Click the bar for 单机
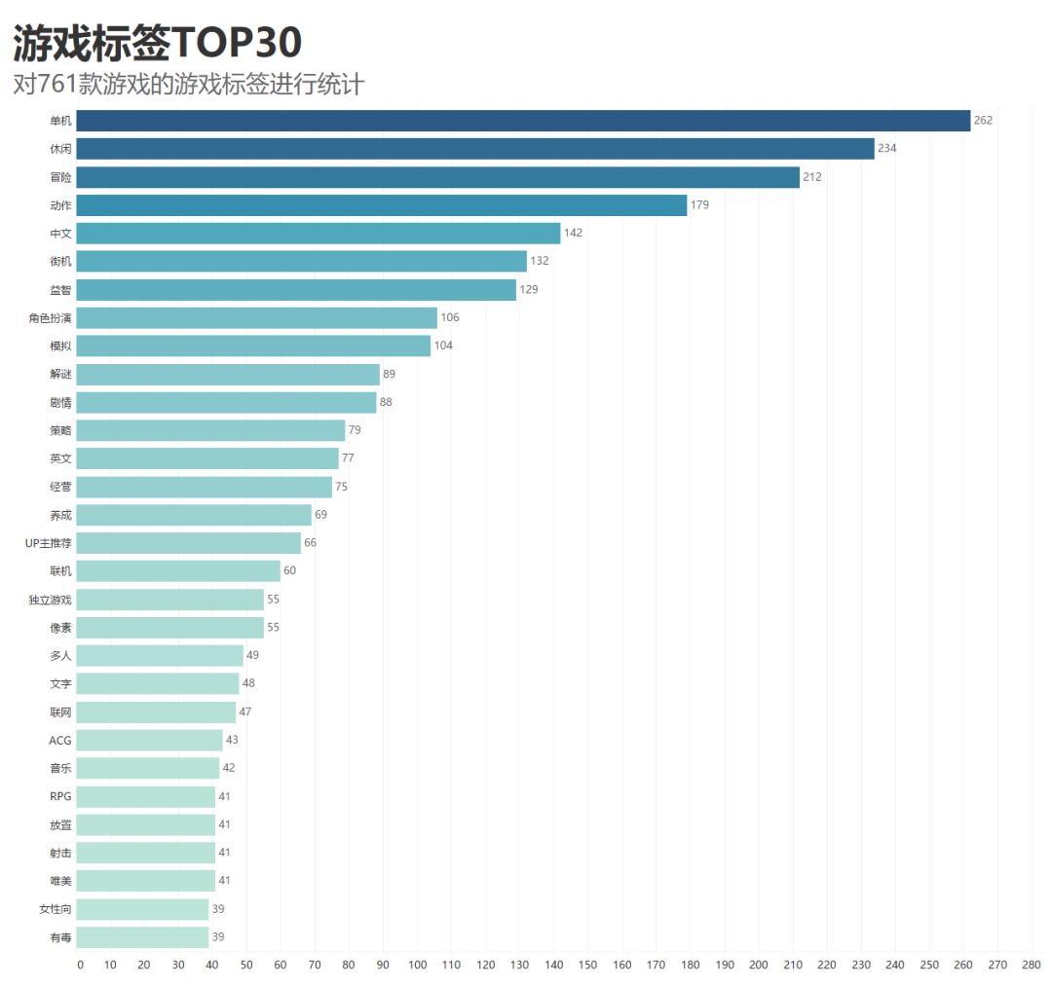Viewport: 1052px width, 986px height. (523, 121)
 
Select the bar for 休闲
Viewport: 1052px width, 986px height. (475, 149)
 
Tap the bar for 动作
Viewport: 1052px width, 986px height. (382, 205)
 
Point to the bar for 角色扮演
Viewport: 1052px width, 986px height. (257, 318)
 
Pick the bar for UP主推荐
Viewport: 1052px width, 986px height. (189, 543)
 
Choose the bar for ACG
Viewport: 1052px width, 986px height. (150, 741)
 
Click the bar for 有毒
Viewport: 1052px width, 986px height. (143, 937)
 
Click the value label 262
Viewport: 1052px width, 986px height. (983, 121)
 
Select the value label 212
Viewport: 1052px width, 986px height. (812, 177)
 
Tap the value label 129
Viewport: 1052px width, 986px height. (528, 290)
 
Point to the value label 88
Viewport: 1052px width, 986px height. (386, 402)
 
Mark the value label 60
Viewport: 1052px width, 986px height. (289, 570)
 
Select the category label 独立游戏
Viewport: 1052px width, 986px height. (50, 600)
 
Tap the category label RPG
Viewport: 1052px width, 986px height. (60, 797)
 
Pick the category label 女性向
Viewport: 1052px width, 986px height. (55, 909)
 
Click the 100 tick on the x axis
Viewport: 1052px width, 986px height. (417, 966)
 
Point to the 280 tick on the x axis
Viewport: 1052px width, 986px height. (1032, 966)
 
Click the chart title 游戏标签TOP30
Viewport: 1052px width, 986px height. (157, 43)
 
